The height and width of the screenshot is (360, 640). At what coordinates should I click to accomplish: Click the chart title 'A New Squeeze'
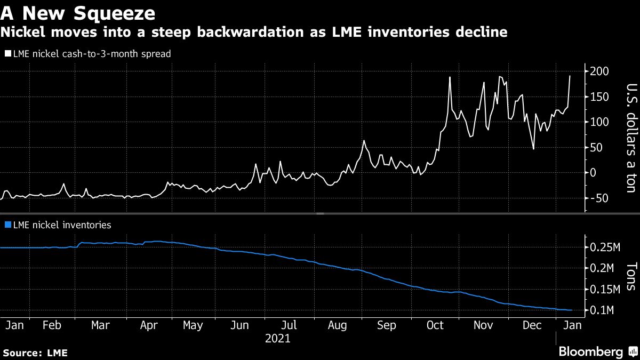(78, 12)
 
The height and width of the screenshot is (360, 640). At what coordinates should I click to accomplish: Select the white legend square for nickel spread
(7, 54)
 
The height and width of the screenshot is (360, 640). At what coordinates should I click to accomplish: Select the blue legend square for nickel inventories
(7, 225)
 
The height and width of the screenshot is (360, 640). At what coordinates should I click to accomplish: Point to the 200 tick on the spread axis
(599, 71)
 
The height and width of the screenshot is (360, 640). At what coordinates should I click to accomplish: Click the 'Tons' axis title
(630, 276)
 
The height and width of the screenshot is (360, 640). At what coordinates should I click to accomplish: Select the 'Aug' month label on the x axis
(337, 325)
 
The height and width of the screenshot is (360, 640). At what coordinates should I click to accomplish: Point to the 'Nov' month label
(484, 325)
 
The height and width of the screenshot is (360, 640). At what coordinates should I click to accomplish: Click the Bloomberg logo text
(590, 351)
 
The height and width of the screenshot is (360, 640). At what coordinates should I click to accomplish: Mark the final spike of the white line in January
(570, 76)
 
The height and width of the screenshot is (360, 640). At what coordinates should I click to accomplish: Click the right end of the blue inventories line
(572, 310)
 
